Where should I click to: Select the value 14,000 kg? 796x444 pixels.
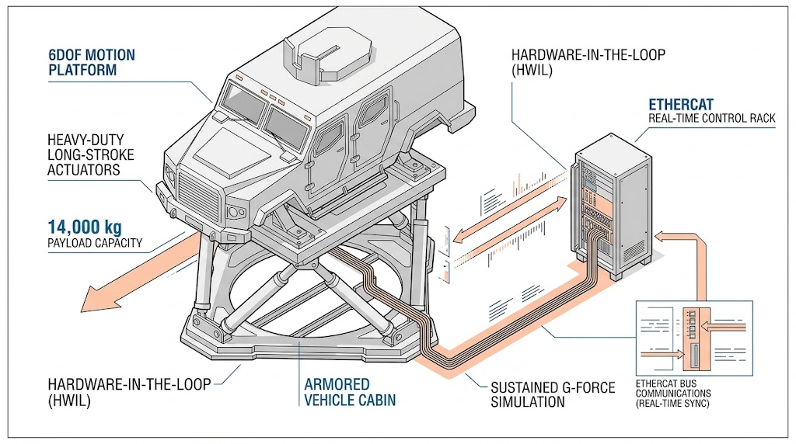(x=85, y=228)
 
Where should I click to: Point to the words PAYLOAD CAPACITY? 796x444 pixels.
(x=95, y=244)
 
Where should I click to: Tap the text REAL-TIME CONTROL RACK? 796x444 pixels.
(x=712, y=119)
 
